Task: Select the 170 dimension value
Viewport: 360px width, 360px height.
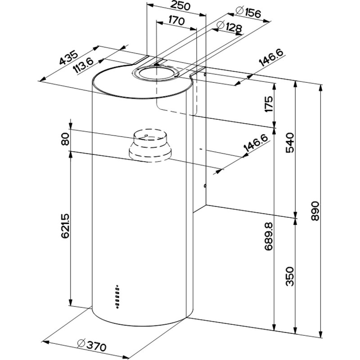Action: (177, 21)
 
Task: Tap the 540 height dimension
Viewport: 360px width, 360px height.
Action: (290, 143)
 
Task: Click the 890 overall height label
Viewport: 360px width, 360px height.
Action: (315, 210)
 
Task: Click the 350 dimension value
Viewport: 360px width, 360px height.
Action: (290, 276)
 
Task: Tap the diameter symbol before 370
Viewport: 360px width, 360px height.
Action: (81, 343)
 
